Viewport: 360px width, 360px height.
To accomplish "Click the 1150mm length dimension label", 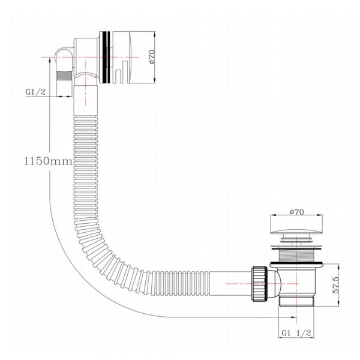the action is click(48, 161).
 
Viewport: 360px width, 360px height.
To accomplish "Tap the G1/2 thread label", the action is click(35, 92).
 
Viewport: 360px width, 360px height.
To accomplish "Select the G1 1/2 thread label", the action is click(296, 332).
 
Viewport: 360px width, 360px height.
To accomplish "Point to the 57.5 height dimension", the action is click(335, 284).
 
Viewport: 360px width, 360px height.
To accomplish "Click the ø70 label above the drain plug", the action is click(296, 212).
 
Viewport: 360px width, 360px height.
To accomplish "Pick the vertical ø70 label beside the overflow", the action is click(152, 57).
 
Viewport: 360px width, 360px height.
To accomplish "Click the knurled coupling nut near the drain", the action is click(260, 284).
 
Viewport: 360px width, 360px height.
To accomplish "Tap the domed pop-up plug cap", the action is click(296, 231).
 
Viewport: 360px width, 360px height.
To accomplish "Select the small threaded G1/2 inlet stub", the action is click(65, 76).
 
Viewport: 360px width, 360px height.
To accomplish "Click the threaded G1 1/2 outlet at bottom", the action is click(296, 301).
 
